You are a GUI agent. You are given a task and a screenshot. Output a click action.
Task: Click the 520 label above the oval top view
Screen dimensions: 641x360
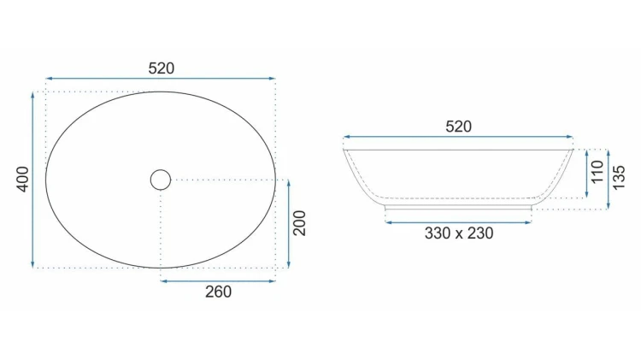(x=161, y=68)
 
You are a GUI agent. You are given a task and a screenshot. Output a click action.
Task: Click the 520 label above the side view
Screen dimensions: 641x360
(x=458, y=127)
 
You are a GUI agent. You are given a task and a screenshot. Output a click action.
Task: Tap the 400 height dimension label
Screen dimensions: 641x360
(x=23, y=180)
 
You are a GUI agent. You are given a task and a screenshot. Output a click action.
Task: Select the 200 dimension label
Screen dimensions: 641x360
(x=300, y=223)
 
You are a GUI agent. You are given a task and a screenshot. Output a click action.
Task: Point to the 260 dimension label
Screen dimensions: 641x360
(x=218, y=292)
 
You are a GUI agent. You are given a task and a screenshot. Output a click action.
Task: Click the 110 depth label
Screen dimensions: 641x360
(x=597, y=172)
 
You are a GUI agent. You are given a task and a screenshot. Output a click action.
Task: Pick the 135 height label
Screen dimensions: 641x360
(x=619, y=178)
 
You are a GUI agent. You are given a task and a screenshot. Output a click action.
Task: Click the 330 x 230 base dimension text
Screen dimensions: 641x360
(x=459, y=233)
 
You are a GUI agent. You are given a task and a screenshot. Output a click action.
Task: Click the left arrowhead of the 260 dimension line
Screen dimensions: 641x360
(x=163, y=281)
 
